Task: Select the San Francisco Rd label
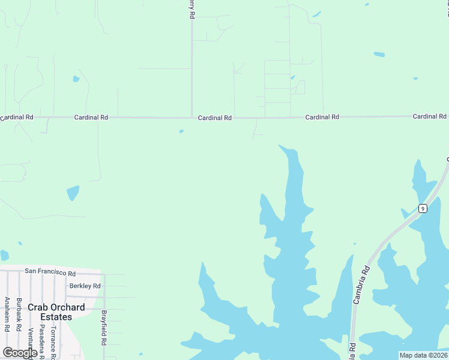point(50,271)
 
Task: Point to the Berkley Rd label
point(85,286)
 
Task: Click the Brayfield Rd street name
point(104,327)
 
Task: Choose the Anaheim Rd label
point(7,314)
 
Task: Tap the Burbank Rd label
point(19,314)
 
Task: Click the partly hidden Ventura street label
point(31,342)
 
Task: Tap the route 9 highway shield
point(423,209)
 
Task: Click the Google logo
point(20,353)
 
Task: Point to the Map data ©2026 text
point(423,355)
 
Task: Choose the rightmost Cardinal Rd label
point(429,116)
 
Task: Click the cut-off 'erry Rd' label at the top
point(191,9)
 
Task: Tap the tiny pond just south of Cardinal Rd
point(181,131)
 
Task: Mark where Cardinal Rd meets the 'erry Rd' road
point(191,118)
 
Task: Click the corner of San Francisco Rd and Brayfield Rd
point(104,274)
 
